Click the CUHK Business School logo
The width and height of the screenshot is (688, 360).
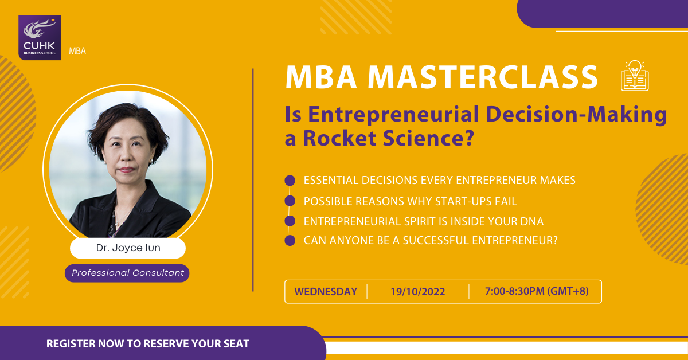coord(40,37)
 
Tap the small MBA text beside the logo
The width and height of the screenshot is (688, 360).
coord(77,51)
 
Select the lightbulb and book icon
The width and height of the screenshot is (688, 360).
coord(635,76)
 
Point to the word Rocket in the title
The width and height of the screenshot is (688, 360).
coord(339,138)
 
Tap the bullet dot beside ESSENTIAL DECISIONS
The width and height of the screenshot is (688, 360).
coord(290,181)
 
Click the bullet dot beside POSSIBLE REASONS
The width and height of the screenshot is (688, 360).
coord(290,201)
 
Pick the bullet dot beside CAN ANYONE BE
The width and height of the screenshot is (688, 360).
coord(290,241)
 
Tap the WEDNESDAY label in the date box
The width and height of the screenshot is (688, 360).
coord(326,292)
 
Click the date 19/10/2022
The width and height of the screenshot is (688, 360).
coord(418,292)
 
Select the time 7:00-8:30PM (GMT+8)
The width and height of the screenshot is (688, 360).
coord(537,291)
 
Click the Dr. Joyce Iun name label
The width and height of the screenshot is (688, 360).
coord(128,248)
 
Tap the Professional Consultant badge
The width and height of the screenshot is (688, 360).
coord(127,273)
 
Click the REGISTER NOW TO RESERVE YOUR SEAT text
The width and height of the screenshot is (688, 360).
coord(148,344)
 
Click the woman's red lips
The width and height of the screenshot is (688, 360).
coord(127,169)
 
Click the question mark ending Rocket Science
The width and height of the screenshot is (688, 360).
coord(469,138)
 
